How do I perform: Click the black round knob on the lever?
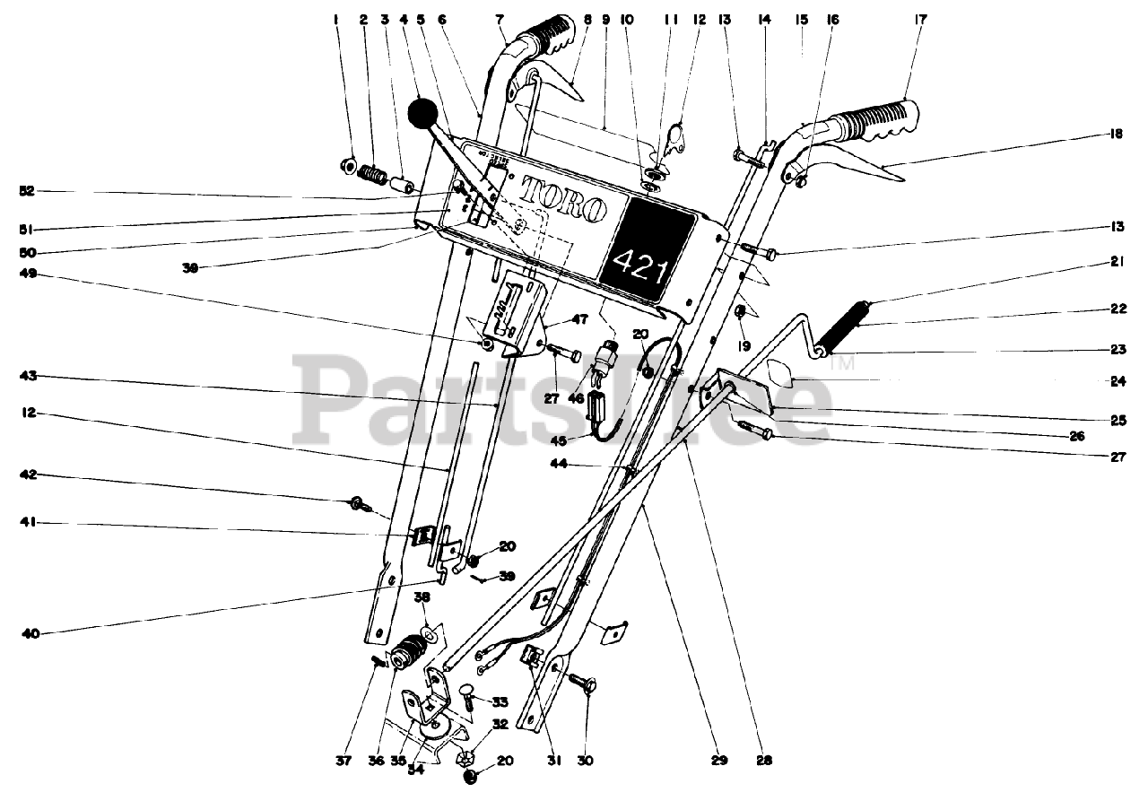click(424, 114)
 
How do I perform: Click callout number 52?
click(28, 191)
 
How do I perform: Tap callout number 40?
click(31, 633)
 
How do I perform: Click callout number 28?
click(763, 762)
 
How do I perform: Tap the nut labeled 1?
click(347, 165)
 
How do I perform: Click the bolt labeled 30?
click(587, 692)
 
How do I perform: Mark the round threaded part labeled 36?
click(409, 652)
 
